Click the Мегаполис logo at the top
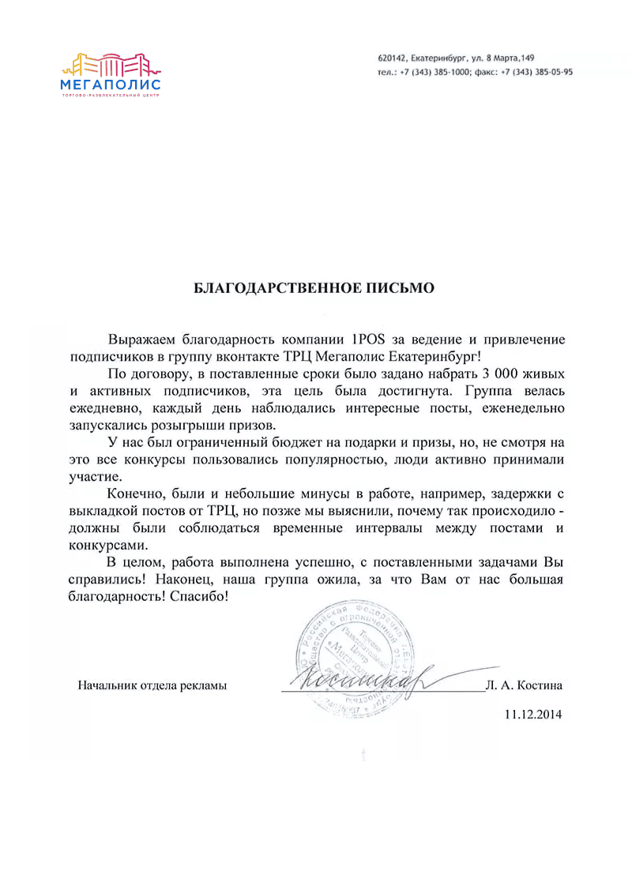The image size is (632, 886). (x=111, y=75)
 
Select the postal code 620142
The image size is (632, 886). (x=392, y=58)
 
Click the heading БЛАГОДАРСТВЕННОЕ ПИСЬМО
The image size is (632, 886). (x=314, y=288)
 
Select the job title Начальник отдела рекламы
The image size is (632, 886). (x=152, y=685)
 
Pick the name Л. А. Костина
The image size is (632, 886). (x=525, y=685)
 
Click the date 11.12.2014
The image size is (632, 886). (x=532, y=715)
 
